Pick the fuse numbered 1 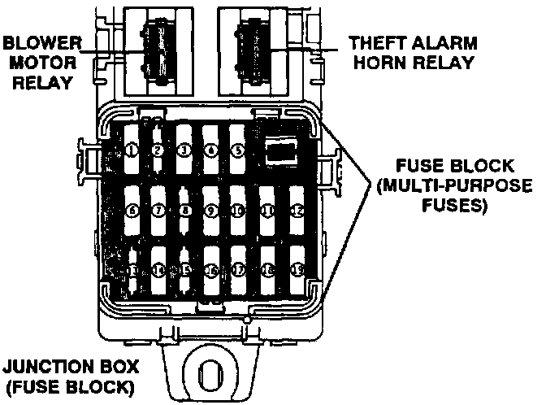point(132,150)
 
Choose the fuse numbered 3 point(184,150)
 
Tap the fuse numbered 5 point(237,150)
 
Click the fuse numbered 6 point(132,211)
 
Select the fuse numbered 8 point(184,211)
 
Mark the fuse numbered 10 point(238,211)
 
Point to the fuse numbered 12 point(295,211)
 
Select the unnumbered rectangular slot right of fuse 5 point(284,150)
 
